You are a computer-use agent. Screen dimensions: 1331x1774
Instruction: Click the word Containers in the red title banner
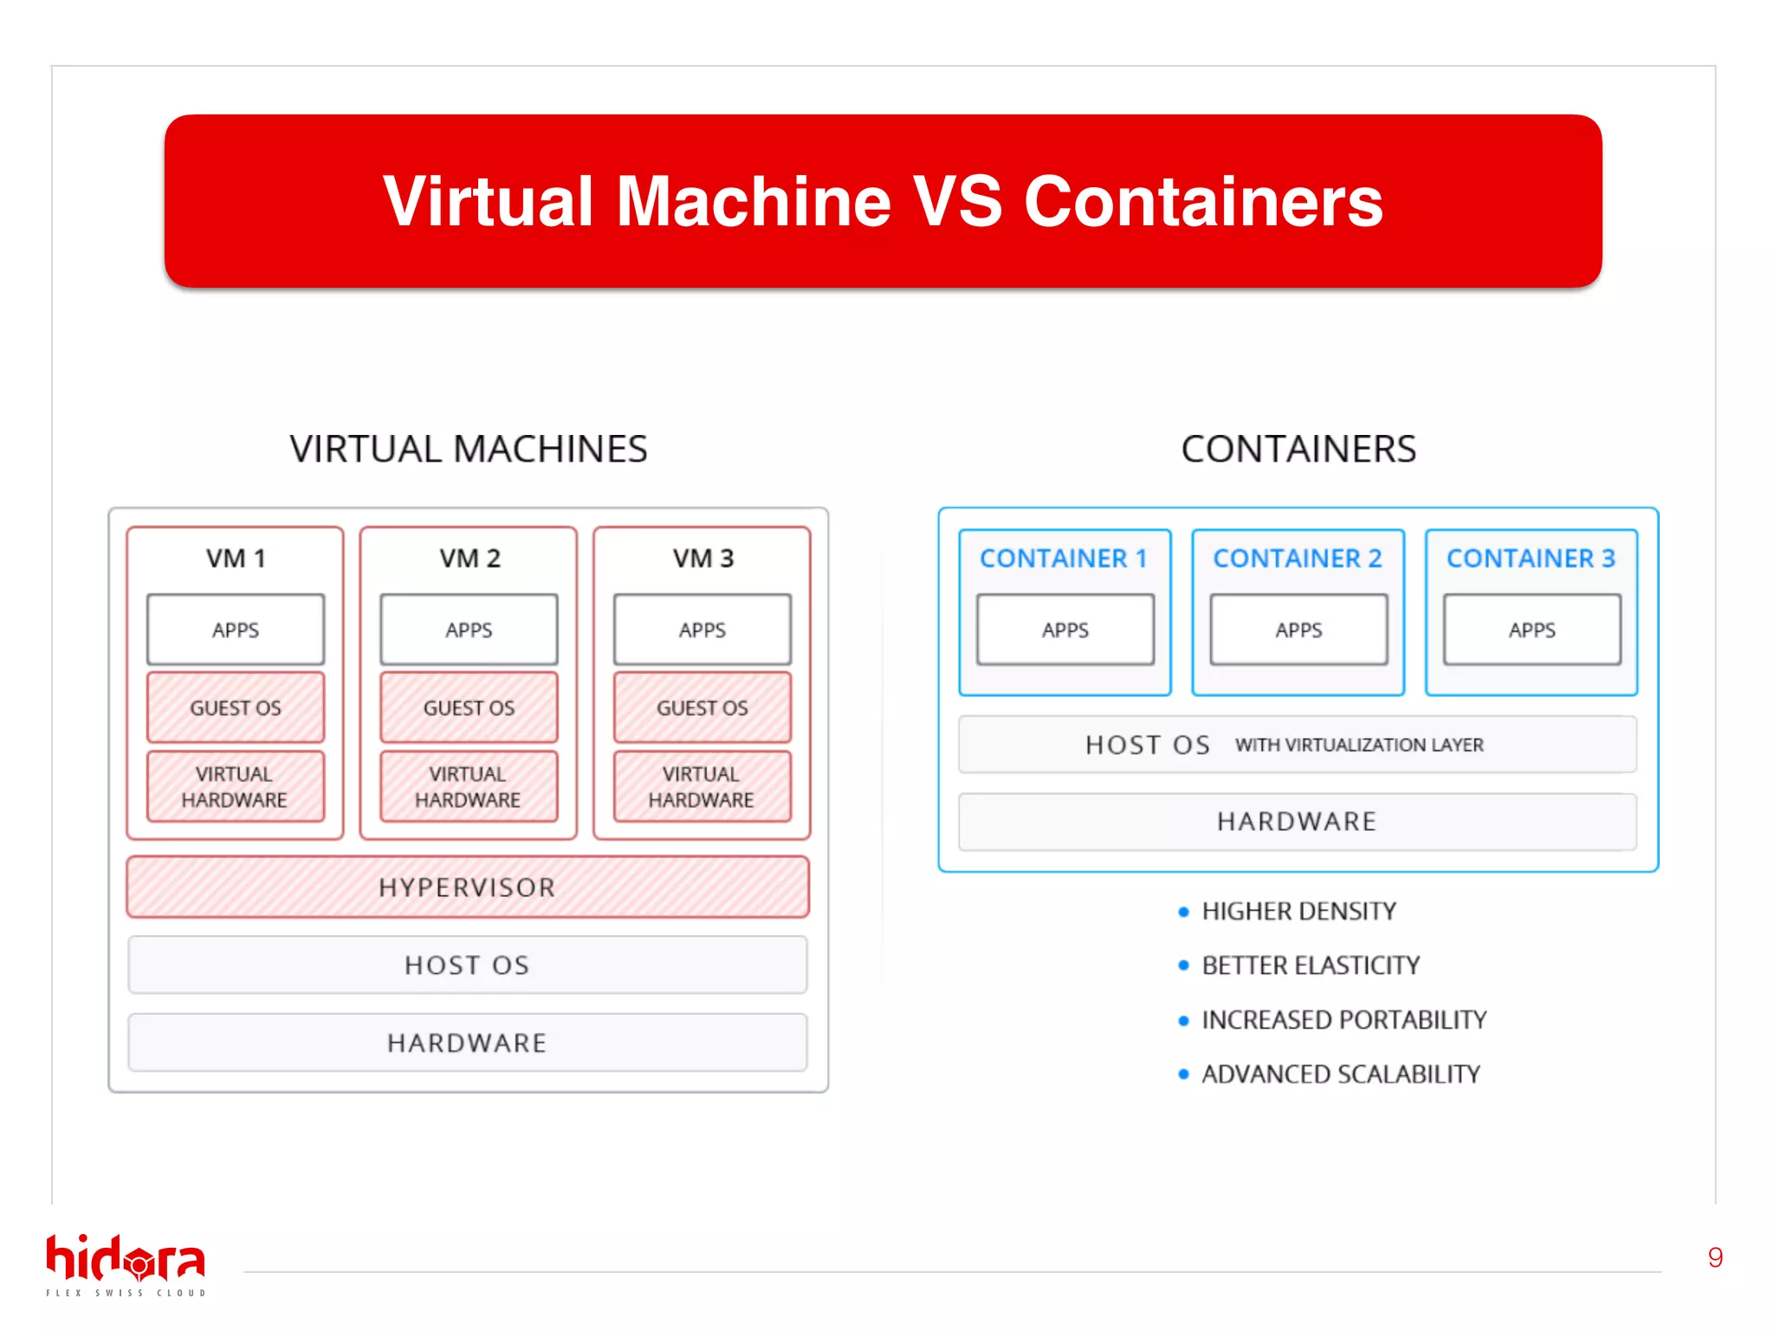1203,202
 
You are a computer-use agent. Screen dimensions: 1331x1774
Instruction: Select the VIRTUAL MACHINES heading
468,449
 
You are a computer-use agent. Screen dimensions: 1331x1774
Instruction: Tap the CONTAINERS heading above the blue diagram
1298,449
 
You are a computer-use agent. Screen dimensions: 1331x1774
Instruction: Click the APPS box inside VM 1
236,630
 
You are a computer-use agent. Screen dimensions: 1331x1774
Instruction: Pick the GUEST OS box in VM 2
469,708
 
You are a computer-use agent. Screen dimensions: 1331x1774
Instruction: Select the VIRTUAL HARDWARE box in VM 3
702,787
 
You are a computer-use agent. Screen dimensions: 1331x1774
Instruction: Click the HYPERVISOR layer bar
468,887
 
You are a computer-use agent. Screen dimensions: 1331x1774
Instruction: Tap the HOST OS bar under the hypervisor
468,964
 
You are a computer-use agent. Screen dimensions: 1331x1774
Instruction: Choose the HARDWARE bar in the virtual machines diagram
468,1042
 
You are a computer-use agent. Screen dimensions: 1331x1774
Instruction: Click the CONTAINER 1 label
1064,558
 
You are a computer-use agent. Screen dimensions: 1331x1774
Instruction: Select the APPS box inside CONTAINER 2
1298,630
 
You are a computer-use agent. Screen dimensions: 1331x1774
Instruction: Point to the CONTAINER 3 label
1531,558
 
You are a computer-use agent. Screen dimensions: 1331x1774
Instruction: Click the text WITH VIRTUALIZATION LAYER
1359,745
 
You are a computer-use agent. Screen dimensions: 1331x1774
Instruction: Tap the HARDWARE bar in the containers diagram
1297,821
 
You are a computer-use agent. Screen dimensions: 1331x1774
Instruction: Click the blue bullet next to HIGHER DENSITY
1183,912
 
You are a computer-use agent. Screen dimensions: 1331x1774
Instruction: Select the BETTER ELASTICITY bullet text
1310,965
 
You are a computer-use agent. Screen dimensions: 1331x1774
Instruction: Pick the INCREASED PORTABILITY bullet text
1343,1020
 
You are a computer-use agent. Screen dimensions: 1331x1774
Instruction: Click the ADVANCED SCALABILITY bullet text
1340,1075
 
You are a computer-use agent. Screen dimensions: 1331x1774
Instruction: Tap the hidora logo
126,1263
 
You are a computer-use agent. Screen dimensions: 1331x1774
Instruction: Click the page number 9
1714,1257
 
